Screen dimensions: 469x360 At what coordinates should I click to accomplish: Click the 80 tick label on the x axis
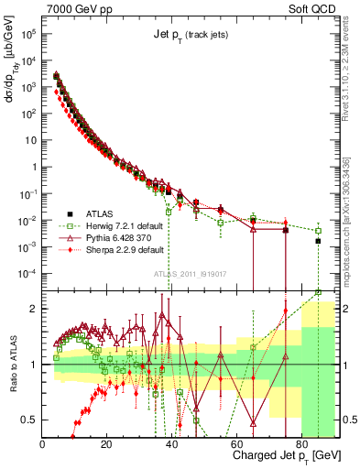(300, 444)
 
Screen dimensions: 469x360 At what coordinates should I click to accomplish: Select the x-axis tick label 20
(106, 444)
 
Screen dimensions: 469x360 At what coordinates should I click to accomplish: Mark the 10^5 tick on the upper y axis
(28, 33)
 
